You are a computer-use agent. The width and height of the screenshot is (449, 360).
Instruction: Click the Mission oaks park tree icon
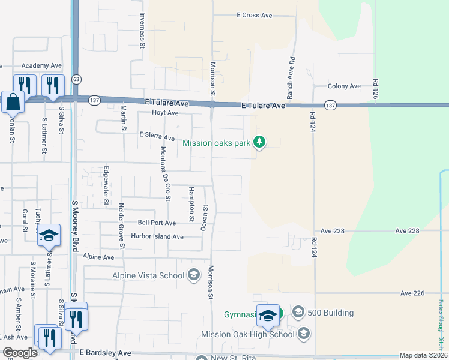[259, 142]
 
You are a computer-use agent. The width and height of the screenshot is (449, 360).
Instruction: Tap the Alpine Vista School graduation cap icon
[193, 275]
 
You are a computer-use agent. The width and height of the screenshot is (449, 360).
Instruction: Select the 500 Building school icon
[298, 312]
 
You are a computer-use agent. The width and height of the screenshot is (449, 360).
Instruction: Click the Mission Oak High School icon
[304, 333]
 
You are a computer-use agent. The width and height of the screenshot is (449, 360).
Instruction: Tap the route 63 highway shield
[76, 79]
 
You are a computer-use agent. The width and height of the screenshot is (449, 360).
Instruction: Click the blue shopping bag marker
[12, 103]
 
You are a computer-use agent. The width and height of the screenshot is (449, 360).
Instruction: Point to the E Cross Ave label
[255, 15]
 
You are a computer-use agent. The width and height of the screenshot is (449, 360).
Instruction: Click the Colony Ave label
[344, 86]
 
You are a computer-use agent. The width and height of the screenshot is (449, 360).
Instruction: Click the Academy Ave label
[41, 65]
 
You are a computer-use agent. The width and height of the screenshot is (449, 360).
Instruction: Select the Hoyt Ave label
[165, 113]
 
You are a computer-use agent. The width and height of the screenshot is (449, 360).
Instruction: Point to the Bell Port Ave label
[157, 223]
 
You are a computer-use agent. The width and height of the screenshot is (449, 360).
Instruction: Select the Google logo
[20, 353]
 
